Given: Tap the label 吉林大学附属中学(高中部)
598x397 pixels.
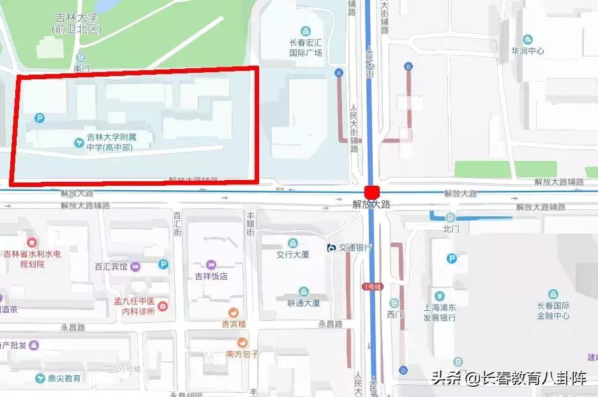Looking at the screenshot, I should point(112,142).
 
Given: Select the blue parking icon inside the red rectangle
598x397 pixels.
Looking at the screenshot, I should point(40,117).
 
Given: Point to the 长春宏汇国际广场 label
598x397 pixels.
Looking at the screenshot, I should point(306,48).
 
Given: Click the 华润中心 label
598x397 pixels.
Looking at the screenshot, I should point(527,50).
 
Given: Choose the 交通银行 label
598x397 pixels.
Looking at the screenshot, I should point(355,248).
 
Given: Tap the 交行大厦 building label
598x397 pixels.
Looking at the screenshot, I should point(293,254).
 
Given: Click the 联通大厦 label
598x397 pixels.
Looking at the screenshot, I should point(304,303).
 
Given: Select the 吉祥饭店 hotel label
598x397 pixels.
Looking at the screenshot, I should point(211,276).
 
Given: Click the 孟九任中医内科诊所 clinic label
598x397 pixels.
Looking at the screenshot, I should point(135,306).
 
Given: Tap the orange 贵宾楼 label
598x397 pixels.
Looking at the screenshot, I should point(234,324).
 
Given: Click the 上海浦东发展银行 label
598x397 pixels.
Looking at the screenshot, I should point(440,312).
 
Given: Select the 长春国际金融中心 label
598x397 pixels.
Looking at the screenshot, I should point(553,310).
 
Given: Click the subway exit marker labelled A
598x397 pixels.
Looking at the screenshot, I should point(339,73).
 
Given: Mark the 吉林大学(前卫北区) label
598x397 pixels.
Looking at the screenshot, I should point(78,24).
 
